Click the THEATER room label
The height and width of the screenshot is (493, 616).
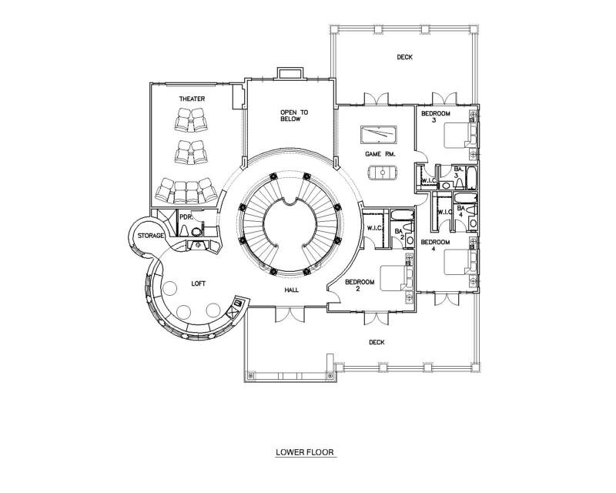[192, 99]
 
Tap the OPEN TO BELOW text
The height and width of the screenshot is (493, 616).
[294, 116]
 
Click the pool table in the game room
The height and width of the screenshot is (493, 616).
[378, 135]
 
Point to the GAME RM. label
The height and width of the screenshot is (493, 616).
[380, 154]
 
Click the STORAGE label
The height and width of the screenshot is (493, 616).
[151, 236]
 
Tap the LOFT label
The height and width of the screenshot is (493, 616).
[198, 283]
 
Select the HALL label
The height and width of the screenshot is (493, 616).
[292, 290]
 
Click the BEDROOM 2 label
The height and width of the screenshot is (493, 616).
[360, 285]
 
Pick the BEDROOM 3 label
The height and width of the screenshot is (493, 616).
[436, 117]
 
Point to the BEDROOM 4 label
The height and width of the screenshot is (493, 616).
[435, 245]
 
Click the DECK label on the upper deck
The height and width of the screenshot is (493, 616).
[405, 57]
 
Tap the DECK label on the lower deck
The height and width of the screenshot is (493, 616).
[377, 343]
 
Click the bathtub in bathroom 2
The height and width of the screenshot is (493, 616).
[402, 216]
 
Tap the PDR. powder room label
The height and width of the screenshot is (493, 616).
[185, 216]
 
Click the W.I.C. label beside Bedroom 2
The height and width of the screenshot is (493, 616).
[374, 228]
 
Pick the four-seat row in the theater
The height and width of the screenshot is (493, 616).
[186, 191]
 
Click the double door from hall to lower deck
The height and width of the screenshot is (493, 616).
[290, 314]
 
